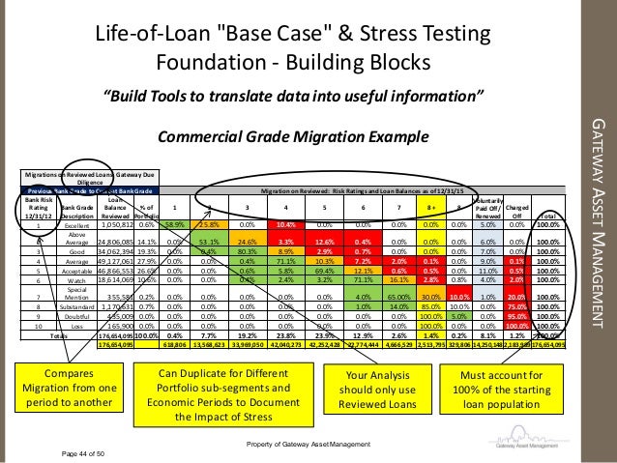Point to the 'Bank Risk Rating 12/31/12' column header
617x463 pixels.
[x=35, y=205]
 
